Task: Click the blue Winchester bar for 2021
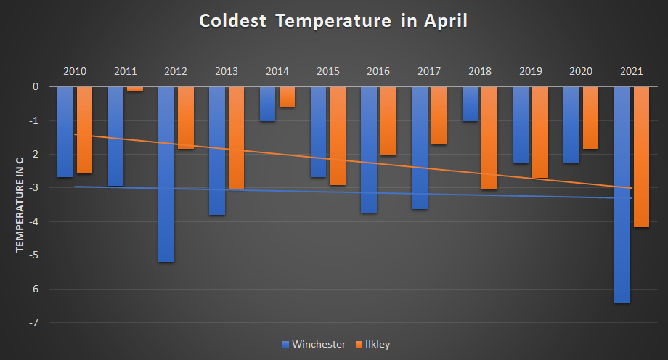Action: [622, 195]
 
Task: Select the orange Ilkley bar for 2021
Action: [641, 157]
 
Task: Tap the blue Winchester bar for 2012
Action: [166, 174]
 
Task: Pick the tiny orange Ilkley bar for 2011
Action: [135, 89]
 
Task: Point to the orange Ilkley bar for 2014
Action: [287, 97]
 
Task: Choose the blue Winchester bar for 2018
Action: [470, 104]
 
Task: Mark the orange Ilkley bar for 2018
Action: [489, 138]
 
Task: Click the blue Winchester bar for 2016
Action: [369, 150]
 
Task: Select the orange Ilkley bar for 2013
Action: [236, 138]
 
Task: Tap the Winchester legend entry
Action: [313, 344]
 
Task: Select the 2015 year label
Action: [328, 71]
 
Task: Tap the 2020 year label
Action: [581, 71]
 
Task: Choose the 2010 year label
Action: [75, 71]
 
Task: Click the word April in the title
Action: [442, 21]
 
